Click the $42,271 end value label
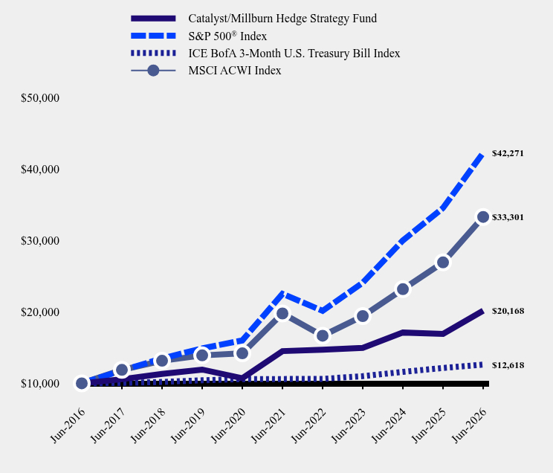coord(508,153)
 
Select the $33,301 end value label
coord(508,217)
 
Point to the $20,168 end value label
coord(508,311)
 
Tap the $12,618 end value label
coord(508,365)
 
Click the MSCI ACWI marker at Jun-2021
coord(282,313)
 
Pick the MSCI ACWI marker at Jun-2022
coord(323,335)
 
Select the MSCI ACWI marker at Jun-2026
coord(483,217)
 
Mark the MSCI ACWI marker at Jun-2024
coord(403,289)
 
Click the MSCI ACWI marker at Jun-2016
coord(82,383)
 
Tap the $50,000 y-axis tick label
coord(40,98)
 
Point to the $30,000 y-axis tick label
coord(40,241)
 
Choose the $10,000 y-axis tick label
coord(40,383)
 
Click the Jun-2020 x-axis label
coord(228,425)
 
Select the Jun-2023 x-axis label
coord(349,425)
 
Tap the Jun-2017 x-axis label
coord(108,425)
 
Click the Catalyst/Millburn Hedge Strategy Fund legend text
coord(282,19)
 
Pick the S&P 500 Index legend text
coord(227,36)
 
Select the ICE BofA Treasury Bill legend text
coord(294,54)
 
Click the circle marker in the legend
coord(153,71)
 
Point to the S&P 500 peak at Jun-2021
coord(282,293)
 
